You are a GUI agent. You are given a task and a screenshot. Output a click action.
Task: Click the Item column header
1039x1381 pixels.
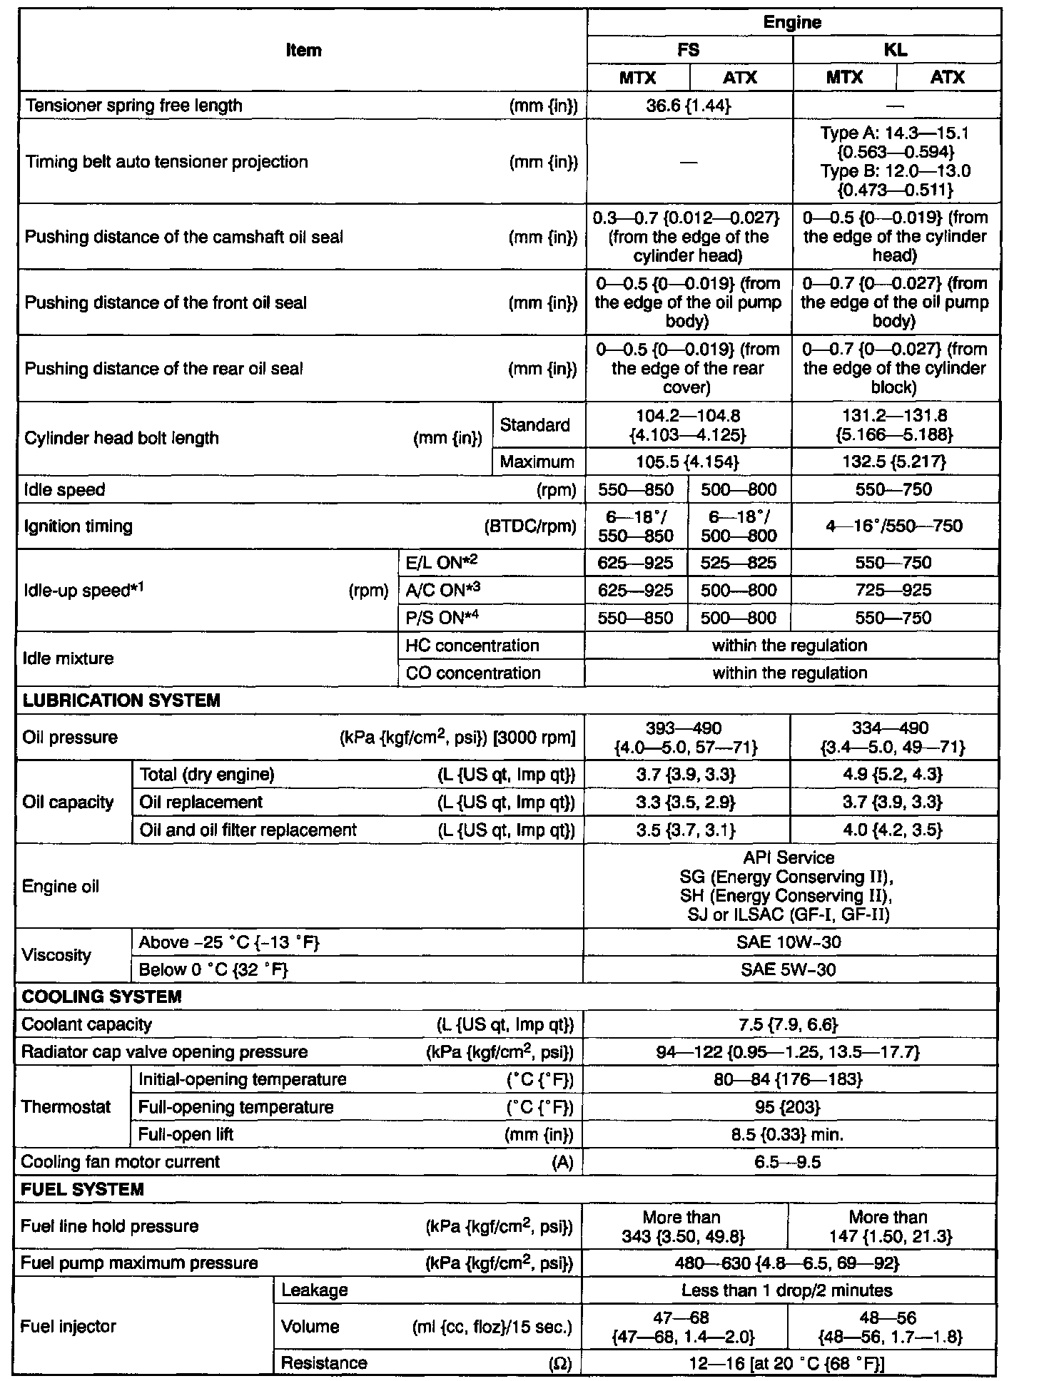point(303,50)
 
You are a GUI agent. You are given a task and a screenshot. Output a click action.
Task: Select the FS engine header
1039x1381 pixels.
point(689,50)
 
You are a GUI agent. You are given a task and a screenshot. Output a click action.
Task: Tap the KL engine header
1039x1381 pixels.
point(896,50)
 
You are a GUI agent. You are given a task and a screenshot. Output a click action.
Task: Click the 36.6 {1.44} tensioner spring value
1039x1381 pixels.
point(689,106)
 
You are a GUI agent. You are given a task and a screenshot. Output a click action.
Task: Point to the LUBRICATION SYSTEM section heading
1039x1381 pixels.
point(122,700)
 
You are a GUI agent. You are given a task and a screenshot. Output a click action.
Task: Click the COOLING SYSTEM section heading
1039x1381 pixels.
point(102,997)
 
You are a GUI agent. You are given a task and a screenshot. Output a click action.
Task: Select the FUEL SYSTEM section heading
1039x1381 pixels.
point(83,1189)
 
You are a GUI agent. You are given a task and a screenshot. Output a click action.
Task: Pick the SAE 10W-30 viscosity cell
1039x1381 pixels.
point(789,942)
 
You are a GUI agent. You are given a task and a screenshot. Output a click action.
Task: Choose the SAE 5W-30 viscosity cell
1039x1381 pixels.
point(789,969)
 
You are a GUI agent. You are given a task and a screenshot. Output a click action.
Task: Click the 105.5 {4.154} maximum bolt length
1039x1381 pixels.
point(687,462)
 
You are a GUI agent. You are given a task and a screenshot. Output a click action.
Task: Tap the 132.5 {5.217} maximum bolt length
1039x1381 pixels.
point(895,462)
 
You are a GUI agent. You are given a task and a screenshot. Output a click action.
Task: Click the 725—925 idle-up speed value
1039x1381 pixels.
point(893,590)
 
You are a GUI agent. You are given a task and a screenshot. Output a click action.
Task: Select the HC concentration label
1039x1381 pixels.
point(472,646)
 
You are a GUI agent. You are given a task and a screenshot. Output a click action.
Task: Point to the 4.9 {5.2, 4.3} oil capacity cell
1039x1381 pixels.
point(893,775)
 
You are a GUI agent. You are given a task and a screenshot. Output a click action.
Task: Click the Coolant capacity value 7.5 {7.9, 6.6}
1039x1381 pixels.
point(789,1025)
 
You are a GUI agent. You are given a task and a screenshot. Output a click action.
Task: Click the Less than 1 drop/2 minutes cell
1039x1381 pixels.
point(787,1290)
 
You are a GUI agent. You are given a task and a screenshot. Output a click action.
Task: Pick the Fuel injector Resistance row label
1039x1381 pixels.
point(325,1362)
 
